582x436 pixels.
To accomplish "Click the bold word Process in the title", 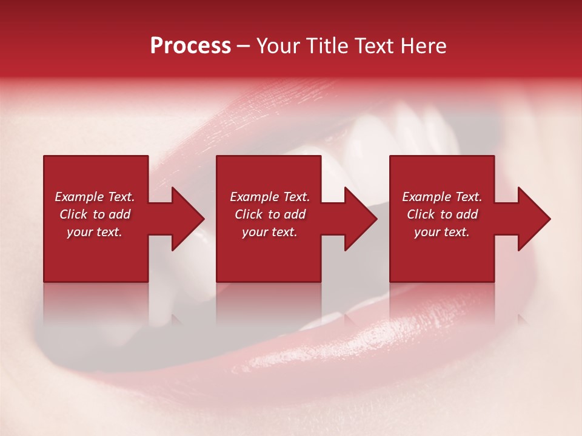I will click(x=190, y=46).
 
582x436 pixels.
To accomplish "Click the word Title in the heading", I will click(x=326, y=46).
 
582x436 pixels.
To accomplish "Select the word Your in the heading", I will click(x=278, y=46).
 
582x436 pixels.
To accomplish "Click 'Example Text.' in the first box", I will click(x=95, y=197).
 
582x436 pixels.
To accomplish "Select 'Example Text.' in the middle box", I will click(x=270, y=197).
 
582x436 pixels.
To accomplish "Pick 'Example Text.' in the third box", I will click(x=442, y=197).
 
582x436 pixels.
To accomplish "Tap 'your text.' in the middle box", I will click(x=269, y=232).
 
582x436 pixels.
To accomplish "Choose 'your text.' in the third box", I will click(x=441, y=232).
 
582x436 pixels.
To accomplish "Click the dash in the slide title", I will click(x=244, y=47).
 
